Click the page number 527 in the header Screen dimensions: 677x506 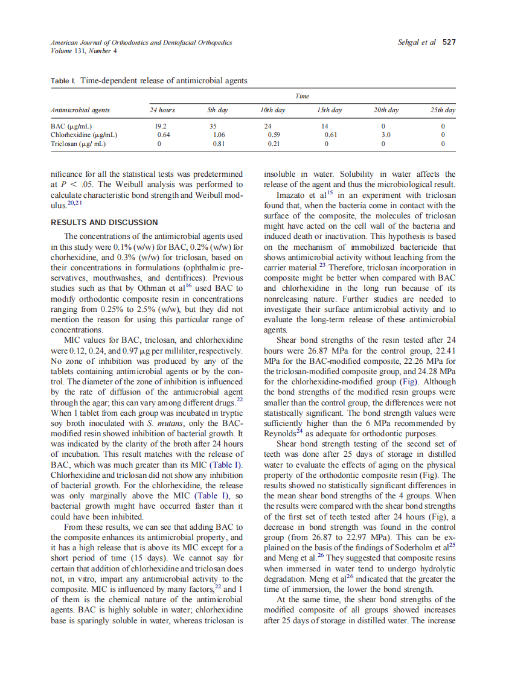pos(449,42)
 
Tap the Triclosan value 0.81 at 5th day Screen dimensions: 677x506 pos(219,144)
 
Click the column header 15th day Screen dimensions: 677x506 pos(329,110)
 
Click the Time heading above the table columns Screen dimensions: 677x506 pos(302,96)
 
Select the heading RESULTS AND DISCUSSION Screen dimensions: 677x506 pos(104,222)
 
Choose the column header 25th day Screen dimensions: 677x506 pos(443,110)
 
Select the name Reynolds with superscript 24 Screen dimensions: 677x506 pos(281,433)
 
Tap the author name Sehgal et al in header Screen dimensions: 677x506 pos(417,42)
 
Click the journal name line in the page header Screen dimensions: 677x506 pos(141,42)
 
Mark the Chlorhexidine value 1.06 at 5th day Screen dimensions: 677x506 pos(219,135)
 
